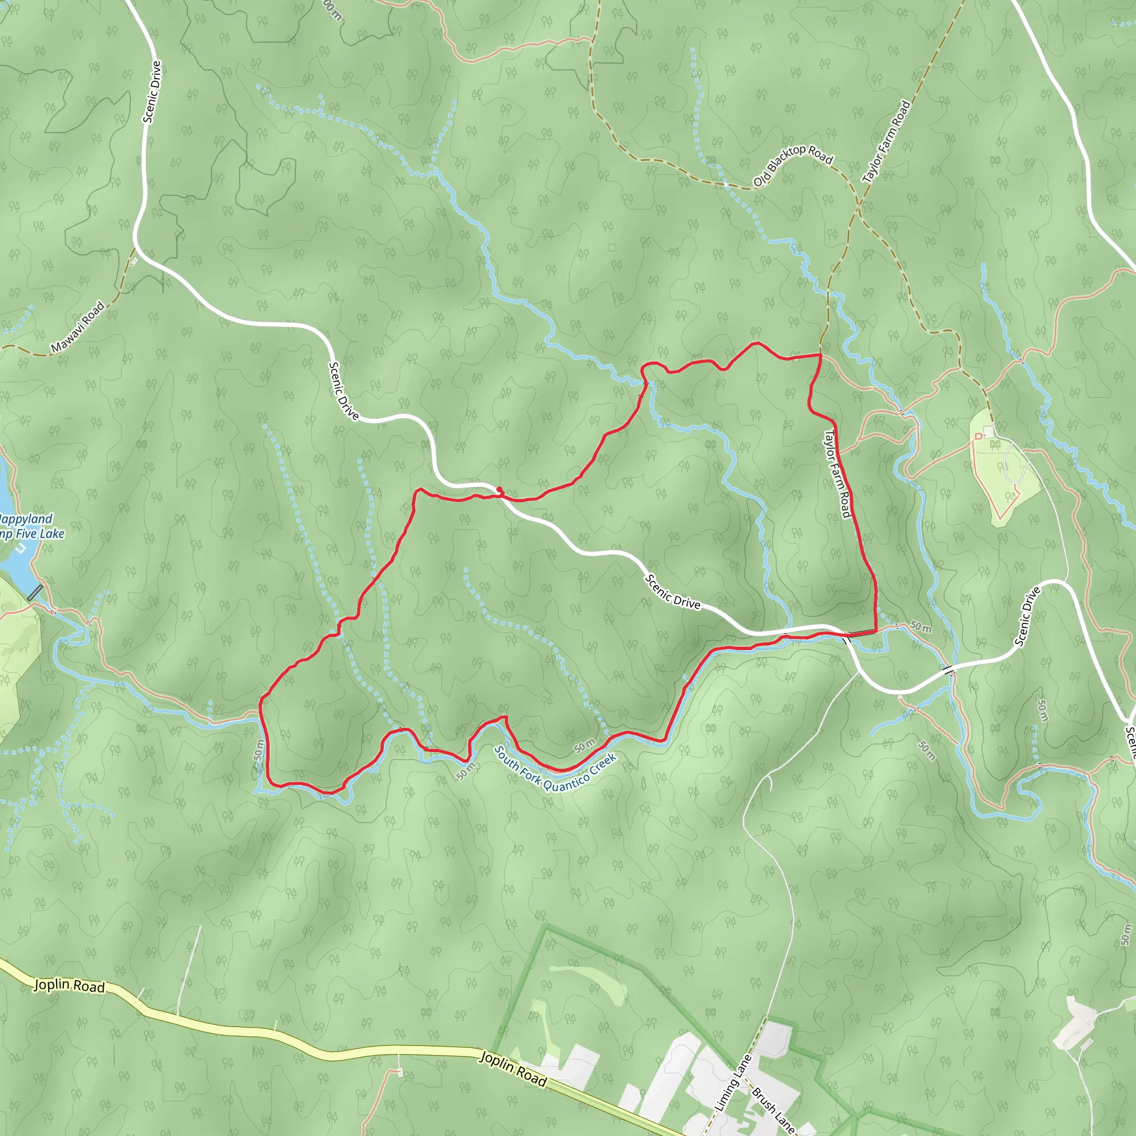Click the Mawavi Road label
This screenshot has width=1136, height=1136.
[78, 327]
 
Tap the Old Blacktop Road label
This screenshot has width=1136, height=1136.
[793, 166]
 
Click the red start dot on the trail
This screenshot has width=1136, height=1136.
[499, 490]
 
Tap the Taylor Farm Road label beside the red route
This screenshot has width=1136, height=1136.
[838, 474]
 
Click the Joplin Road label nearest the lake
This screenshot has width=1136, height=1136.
[69, 986]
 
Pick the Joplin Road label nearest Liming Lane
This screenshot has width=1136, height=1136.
[513, 1068]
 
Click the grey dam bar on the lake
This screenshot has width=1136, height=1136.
[35, 592]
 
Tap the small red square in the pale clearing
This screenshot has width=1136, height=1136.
[978, 435]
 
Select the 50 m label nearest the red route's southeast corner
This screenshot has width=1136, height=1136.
[921, 627]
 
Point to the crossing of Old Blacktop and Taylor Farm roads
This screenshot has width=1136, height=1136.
[859, 207]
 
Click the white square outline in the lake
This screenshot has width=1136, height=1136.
[21, 548]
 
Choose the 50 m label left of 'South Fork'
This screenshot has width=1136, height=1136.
[466, 770]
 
